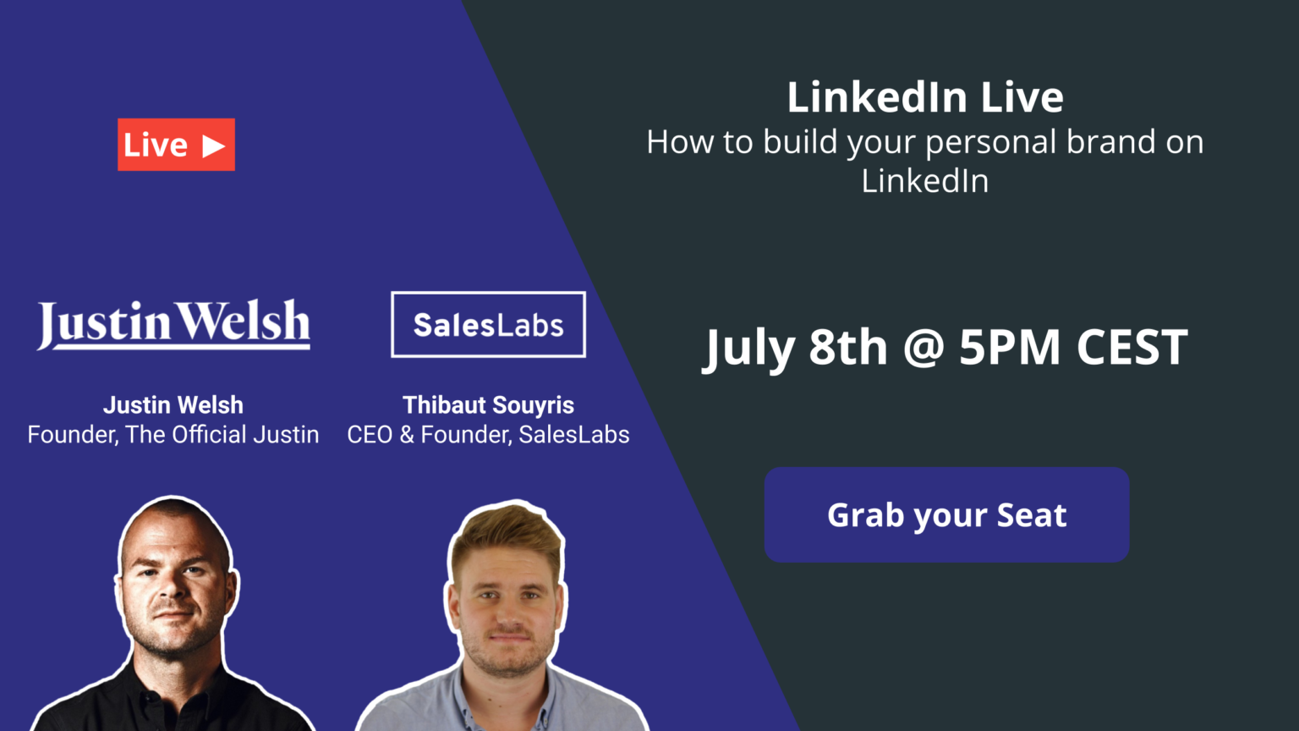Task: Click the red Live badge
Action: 176,145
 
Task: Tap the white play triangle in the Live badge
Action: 213,146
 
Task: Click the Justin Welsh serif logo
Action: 173,324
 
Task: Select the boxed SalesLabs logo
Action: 488,324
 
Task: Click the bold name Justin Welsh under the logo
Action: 173,405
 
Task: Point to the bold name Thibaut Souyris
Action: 488,405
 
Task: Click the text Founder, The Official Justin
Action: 173,435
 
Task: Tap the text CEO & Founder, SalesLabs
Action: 488,435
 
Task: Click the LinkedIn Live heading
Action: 925,96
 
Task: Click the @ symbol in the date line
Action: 924,348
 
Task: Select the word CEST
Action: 1132,347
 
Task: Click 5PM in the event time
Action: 1010,347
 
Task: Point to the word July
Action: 748,348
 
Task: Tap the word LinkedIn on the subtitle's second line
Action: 925,180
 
